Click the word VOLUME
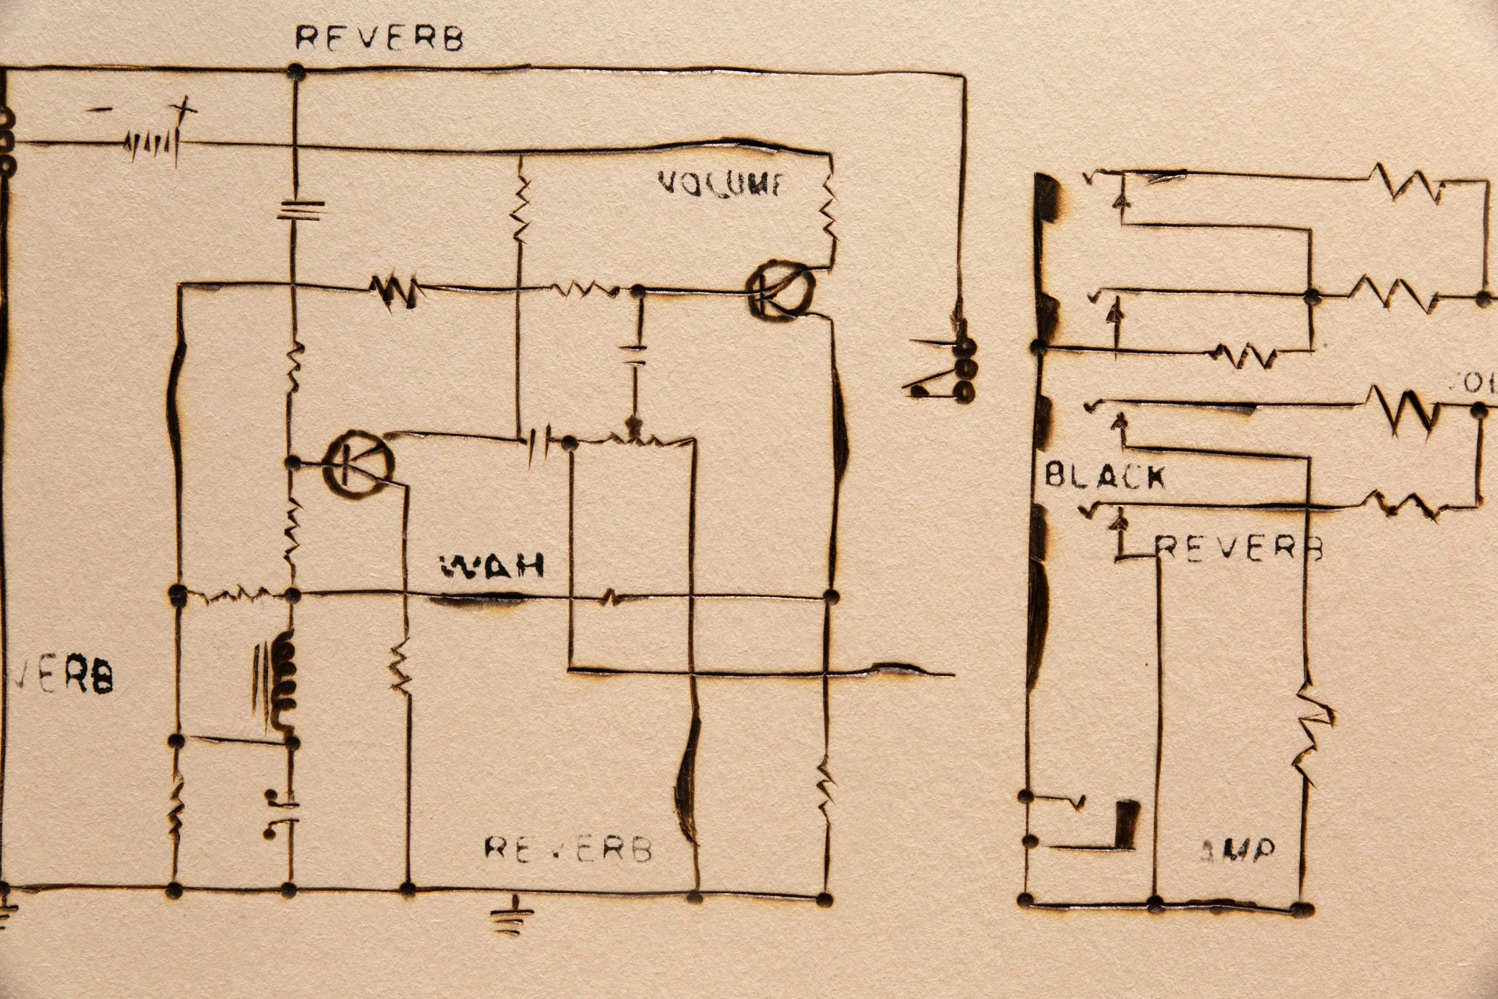[x=721, y=184]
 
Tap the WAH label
[x=492, y=566]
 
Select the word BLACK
[x=1105, y=476]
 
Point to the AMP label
[x=1238, y=850]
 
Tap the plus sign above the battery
[x=186, y=108]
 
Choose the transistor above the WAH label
[x=358, y=463]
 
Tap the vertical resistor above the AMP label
[x=1309, y=733]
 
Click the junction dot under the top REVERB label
[x=295, y=72]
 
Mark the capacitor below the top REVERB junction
[x=300, y=209]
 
